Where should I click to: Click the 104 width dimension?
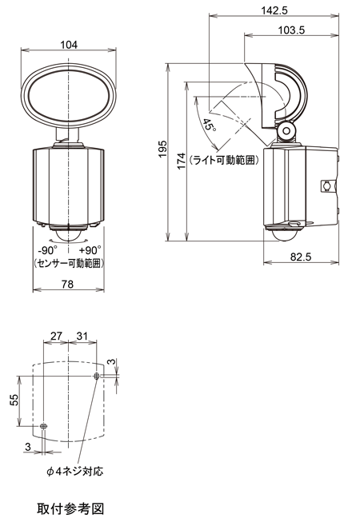point(68,46)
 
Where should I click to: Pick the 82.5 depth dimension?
point(302,256)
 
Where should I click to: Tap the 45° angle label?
point(209,126)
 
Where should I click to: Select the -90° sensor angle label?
point(48,249)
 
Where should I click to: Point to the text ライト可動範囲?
point(226,160)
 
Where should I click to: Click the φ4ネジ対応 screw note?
point(74,471)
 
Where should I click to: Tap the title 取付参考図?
point(70,508)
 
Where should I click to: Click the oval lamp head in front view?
point(68,98)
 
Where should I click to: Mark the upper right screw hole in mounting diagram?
point(97,376)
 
